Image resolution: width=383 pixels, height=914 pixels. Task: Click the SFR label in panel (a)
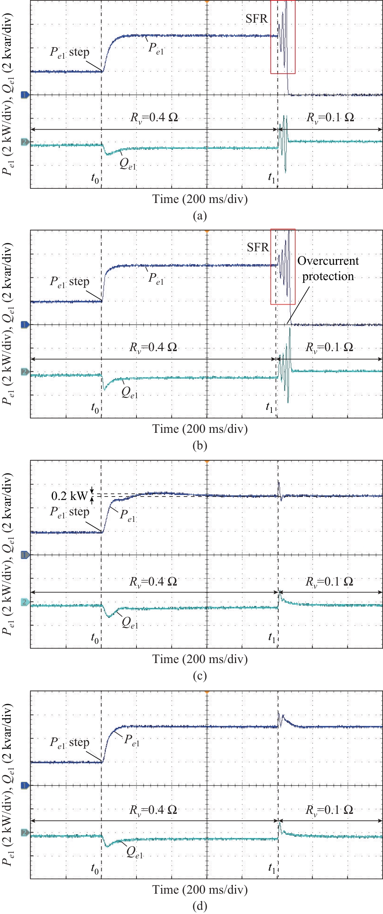[x=256, y=19]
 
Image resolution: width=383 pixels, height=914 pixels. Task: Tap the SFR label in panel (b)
[x=258, y=247]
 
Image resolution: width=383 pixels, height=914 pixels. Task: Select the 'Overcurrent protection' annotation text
[x=328, y=269]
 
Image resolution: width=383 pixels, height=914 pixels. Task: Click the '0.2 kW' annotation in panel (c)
[x=69, y=496]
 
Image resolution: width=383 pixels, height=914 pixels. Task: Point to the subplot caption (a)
[x=200, y=216]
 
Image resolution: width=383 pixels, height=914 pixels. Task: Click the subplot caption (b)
[x=200, y=445]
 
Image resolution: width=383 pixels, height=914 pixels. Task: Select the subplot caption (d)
[x=200, y=906]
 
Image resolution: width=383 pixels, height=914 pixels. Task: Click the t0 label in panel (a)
[x=95, y=178]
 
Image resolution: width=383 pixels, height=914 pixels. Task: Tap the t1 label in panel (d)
[x=271, y=868]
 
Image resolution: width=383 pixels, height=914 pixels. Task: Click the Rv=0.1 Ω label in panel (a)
[x=330, y=117]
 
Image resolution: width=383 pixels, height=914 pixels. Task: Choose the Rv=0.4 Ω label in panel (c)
[x=153, y=582]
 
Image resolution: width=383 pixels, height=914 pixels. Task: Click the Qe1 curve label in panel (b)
[x=129, y=393]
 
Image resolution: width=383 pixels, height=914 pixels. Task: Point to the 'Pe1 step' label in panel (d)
[x=69, y=742]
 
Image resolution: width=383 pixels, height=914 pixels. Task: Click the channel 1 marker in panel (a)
[x=25, y=95]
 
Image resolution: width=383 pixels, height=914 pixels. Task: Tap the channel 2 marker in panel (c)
[x=25, y=602]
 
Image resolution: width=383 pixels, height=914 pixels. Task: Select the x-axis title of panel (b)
[x=200, y=429]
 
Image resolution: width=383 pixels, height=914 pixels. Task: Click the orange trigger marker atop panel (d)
[x=207, y=692]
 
